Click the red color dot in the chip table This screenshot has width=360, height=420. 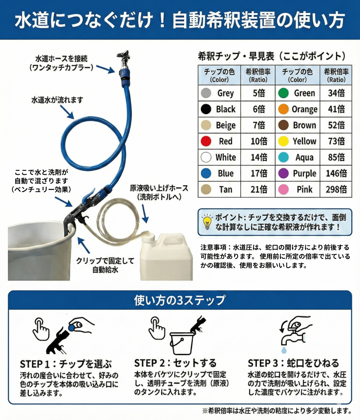click(x=206, y=141)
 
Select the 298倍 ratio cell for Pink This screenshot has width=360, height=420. click(x=336, y=189)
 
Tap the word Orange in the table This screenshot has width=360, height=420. click(x=304, y=109)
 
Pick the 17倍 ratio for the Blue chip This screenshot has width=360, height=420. click(x=259, y=173)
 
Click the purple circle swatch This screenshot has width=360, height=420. click(x=283, y=173)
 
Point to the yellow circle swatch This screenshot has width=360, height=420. click(x=283, y=141)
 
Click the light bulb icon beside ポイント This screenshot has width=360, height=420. click(x=207, y=222)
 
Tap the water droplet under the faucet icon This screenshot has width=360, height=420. click(x=284, y=350)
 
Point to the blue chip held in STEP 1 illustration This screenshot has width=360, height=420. click(x=72, y=327)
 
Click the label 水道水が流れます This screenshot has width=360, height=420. click(x=57, y=100)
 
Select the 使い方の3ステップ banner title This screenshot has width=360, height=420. click(x=180, y=300)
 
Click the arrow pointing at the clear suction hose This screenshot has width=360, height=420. click(x=144, y=214)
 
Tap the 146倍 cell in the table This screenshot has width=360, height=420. click(x=336, y=173)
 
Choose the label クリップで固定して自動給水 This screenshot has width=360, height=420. click(x=105, y=265)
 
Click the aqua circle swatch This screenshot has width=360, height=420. click(x=283, y=157)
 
